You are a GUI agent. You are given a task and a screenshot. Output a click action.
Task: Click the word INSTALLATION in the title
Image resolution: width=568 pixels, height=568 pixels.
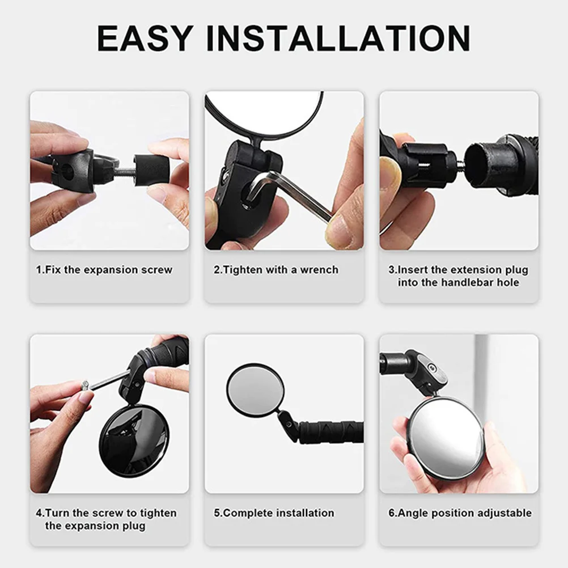(x=337, y=38)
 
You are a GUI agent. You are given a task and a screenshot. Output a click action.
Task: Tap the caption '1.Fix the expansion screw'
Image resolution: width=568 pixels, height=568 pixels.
(x=104, y=270)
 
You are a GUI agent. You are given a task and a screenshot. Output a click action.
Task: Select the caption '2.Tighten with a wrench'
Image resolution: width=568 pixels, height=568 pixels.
(x=276, y=270)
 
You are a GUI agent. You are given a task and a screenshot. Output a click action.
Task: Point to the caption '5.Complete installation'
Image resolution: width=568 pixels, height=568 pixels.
(x=274, y=513)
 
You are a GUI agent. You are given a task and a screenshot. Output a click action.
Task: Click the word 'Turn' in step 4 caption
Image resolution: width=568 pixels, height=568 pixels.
(x=58, y=513)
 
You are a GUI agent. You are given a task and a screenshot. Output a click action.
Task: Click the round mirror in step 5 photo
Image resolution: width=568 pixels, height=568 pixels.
(x=255, y=391)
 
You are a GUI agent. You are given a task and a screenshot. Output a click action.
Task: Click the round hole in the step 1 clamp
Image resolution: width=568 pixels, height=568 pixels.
(x=67, y=167)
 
